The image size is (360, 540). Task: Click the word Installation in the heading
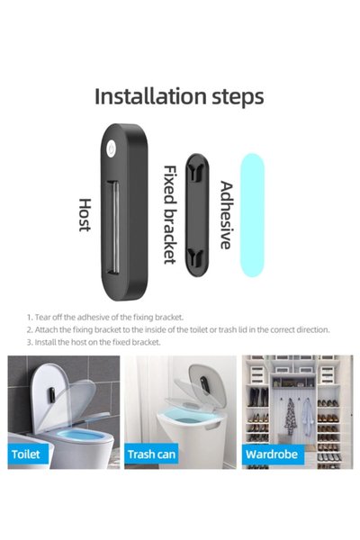coord(150,96)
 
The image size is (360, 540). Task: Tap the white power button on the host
coord(111,148)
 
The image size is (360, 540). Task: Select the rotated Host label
coord(85,215)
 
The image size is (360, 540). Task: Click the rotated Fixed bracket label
coord(169,214)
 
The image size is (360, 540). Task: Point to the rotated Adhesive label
coord(226,215)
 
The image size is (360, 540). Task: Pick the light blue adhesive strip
coord(252,215)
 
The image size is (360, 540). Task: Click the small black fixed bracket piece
coord(197,215)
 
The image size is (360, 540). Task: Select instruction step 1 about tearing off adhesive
coord(105,317)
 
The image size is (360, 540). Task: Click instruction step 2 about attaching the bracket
coord(178,329)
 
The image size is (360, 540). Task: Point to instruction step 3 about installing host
coord(94,342)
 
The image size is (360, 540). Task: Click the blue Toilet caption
coord(26,454)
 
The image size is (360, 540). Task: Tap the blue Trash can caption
coord(151,454)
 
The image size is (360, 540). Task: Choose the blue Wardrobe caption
coord(272,454)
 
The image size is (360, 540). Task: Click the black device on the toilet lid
coord(51,395)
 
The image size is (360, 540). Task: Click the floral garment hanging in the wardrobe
coord(291,416)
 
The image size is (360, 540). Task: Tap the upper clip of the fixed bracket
coord(197,171)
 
